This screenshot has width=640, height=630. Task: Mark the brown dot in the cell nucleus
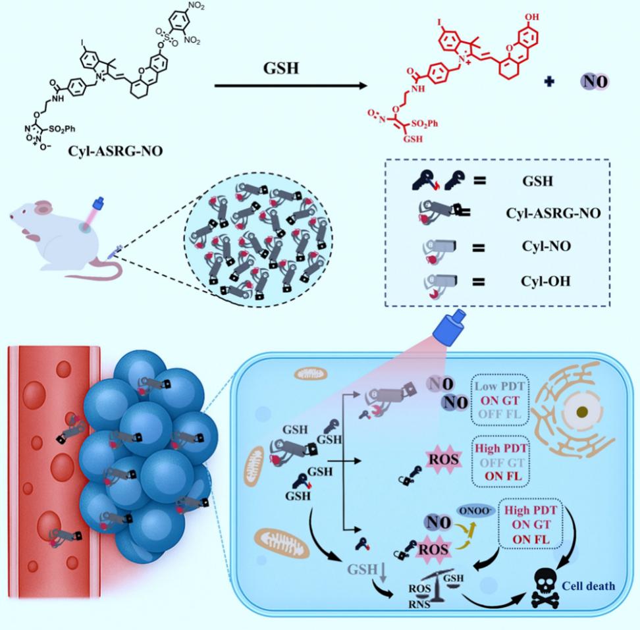tap(581, 413)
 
